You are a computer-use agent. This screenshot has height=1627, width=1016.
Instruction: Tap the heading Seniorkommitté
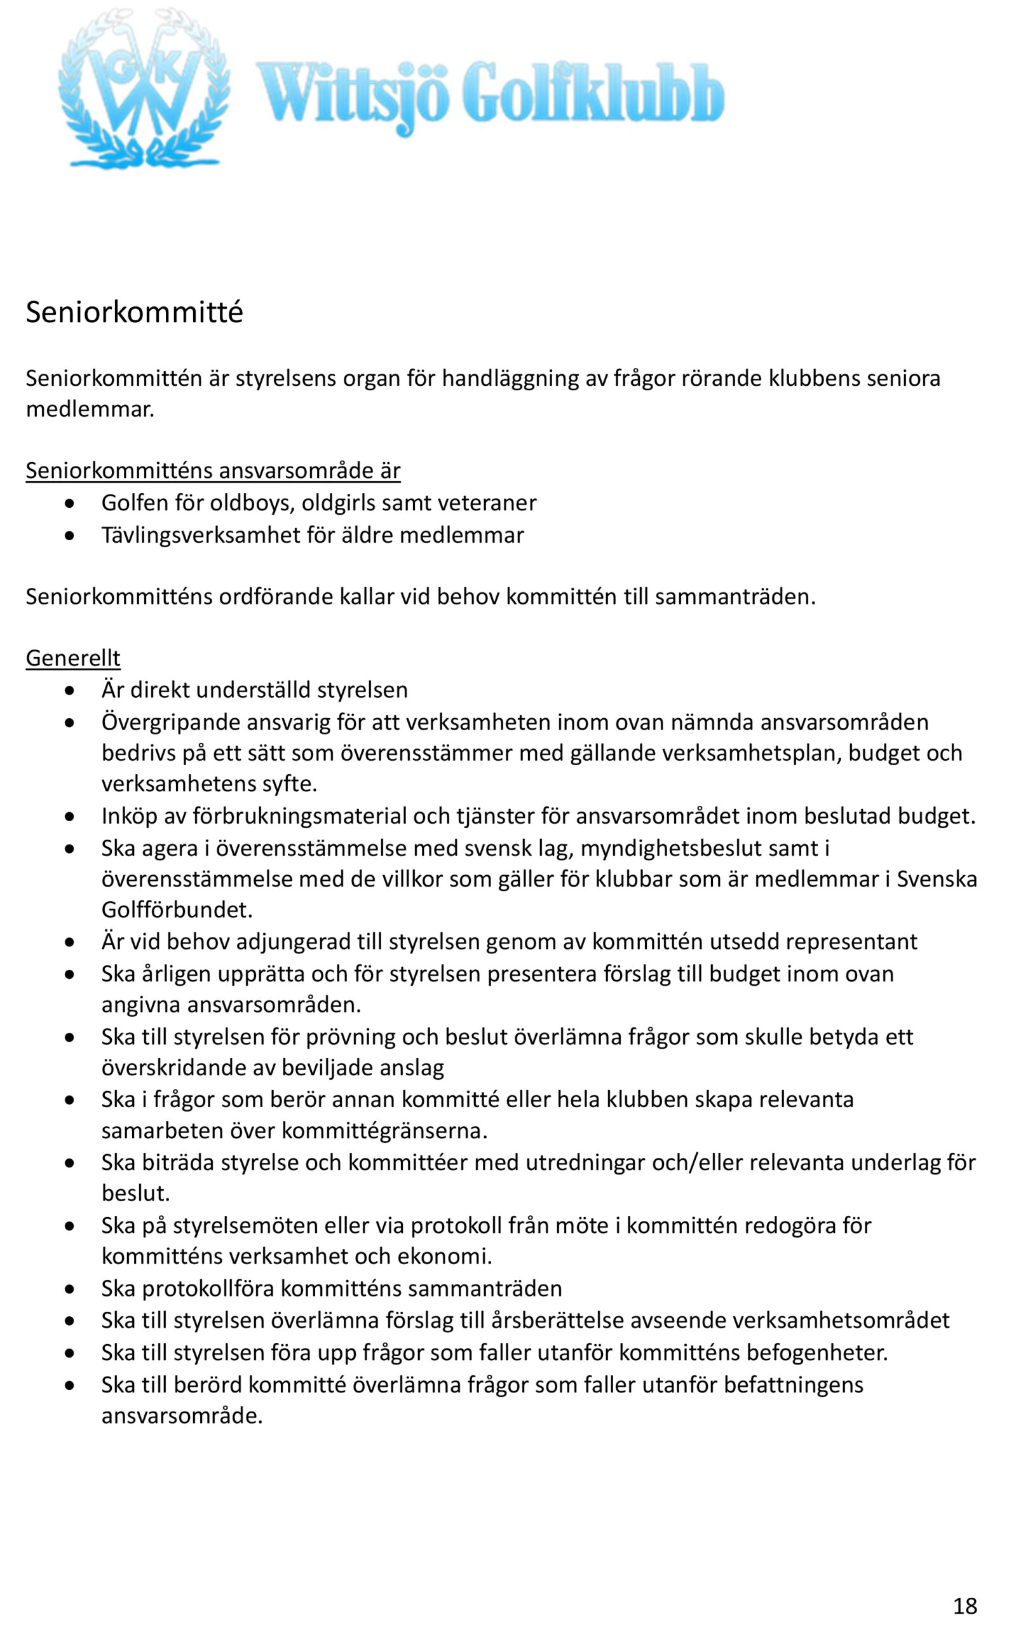(x=135, y=313)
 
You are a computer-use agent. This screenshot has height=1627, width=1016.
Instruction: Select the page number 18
(x=965, y=1587)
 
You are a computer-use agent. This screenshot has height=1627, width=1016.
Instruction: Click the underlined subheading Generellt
(x=72, y=658)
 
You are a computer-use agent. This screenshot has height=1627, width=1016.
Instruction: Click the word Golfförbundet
(x=177, y=910)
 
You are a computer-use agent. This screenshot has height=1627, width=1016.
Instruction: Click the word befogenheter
(x=817, y=1352)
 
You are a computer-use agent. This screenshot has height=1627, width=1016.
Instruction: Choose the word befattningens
(x=794, y=1384)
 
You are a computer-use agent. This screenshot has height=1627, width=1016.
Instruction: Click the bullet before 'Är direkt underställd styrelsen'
(x=70, y=691)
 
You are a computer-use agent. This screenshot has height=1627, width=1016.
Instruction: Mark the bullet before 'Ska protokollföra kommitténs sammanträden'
(x=70, y=1289)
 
